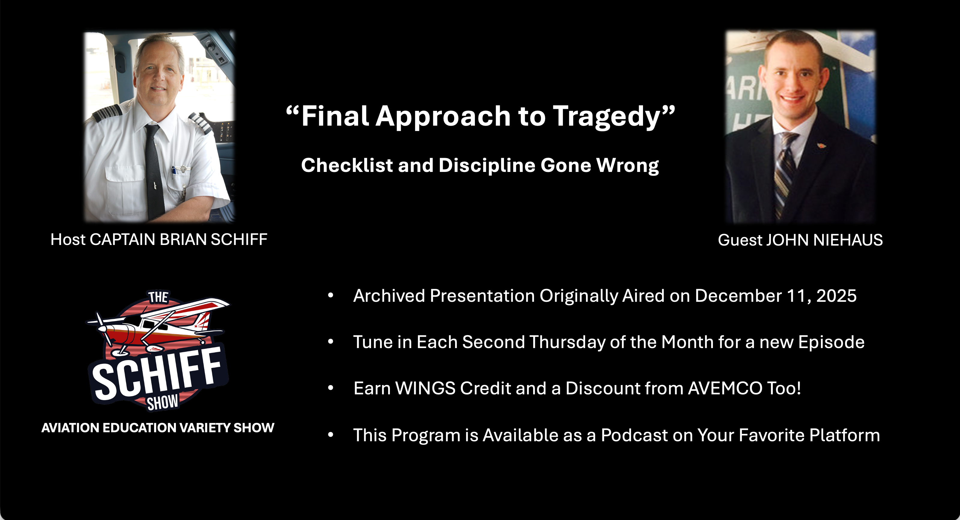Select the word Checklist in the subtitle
tap(347, 165)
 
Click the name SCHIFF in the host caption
tap(239, 240)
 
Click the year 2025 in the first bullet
tap(836, 296)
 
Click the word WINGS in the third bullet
tap(425, 388)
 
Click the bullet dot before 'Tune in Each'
tap(331, 342)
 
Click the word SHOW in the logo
tap(163, 402)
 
